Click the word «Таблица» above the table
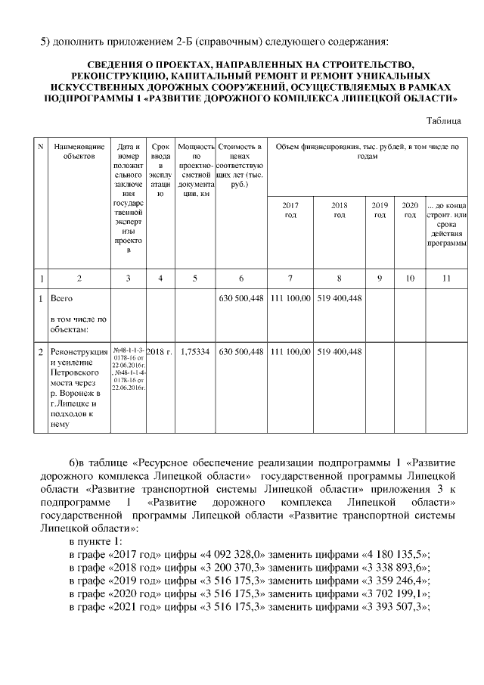[443, 120]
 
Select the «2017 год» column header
[290, 210]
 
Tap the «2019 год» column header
[380, 210]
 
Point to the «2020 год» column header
[410, 210]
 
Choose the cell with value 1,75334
[195, 351]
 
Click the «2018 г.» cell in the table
[160, 351]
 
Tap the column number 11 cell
[446, 278]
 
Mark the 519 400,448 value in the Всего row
[340, 299]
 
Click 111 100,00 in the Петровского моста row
[290, 351]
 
